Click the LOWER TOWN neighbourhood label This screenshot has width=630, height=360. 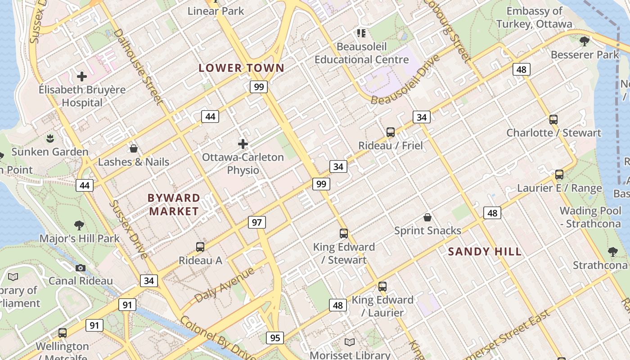(242, 68)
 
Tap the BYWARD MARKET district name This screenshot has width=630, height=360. (174, 204)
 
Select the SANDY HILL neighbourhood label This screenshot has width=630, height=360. (485, 252)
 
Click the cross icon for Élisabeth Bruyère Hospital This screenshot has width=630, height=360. (81, 76)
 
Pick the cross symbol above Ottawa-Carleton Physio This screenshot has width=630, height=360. (243, 144)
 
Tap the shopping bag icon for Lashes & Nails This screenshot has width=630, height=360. (134, 148)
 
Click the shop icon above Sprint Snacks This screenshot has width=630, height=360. (427, 217)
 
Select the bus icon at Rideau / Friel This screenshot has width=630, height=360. (391, 132)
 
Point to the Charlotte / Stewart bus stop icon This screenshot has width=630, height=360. (553, 120)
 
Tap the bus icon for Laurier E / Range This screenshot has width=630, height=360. (559, 175)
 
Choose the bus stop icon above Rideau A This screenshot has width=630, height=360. (200, 247)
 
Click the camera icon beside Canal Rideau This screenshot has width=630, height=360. (81, 268)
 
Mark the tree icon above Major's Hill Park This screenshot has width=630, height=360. (79, 225)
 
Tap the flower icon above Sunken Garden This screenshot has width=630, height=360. (50, 138)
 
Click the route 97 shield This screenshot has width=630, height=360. (256, 222)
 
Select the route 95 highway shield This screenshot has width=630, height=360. (275, 337)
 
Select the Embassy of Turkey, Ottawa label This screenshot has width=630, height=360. (534, 18)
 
